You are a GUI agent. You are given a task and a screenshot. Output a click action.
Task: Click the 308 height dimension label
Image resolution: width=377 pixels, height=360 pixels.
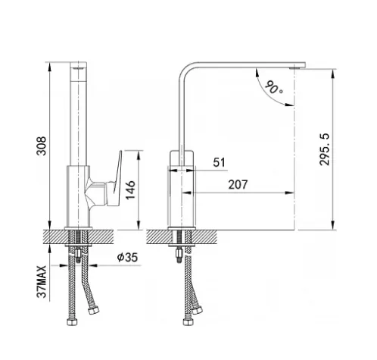click(42, 146)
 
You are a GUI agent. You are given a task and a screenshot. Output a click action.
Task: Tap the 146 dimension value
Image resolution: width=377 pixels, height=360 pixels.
click(130, 190)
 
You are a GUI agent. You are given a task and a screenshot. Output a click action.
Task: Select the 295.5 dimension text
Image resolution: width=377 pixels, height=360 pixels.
click(325, 149)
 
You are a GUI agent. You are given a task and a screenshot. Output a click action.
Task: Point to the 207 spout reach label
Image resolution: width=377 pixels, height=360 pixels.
click(238, 185)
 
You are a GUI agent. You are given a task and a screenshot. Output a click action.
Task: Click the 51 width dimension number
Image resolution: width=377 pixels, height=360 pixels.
click(219, 162)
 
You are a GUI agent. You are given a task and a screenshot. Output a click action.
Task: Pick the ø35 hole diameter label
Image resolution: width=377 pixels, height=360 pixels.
click(127, 258)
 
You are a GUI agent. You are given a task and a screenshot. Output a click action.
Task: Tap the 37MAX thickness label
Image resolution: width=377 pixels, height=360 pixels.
click(42, 282)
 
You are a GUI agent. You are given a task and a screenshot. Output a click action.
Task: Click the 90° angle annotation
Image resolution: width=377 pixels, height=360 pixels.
click(273, 87)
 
